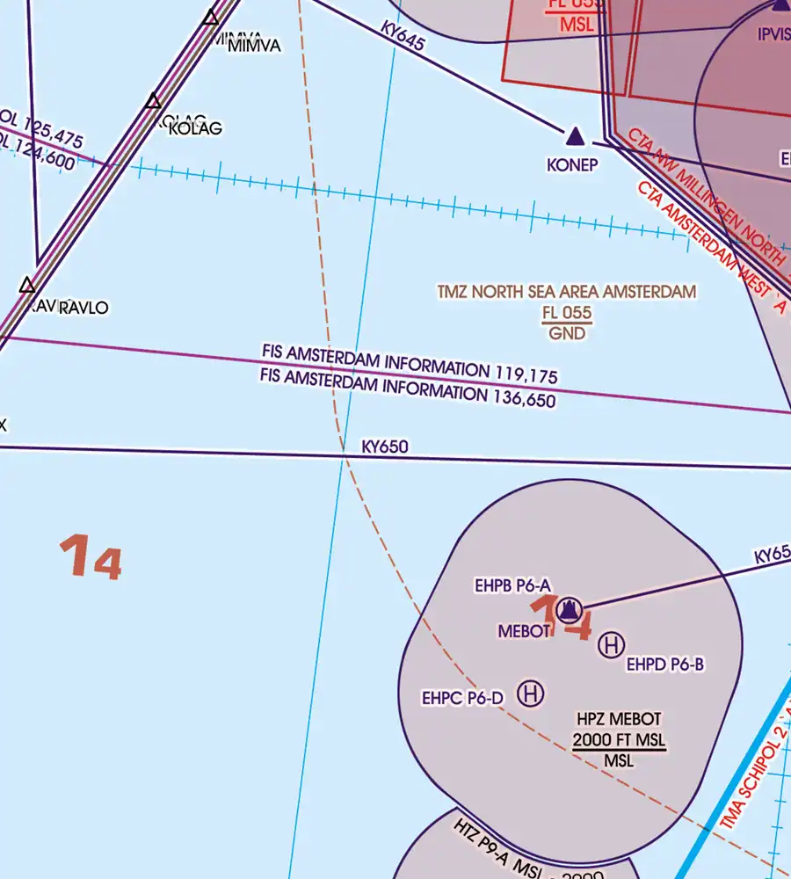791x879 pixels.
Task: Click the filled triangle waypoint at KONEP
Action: pyautogui.click(x=575, y=136)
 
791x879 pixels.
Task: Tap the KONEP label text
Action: pyautogui.click(x=572, y=164)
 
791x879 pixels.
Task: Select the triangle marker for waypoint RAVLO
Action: pyautogui.click(x=27, y=285)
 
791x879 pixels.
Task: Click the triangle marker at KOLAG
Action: pyautogui.click(x=154, y=101)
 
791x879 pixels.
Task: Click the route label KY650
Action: pyautogui.click(x=385, y=447)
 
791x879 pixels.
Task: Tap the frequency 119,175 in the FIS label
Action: pyautogui.click(x=526, y=375)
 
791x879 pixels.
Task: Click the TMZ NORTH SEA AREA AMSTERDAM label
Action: pyautogui.click(x=567, y=292)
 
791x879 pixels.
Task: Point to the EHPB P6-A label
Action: pyautogui.click(x=512, y=585)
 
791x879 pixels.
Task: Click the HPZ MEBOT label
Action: pyautogui.click(x=620, y=719)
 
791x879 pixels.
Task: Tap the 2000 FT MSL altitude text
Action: pyautogui.click(x=619, y=740)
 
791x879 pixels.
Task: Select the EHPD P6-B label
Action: pyautogui.click(x=665, y=665)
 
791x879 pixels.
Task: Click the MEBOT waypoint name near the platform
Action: pyautogui.click(x=524, y=630)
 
